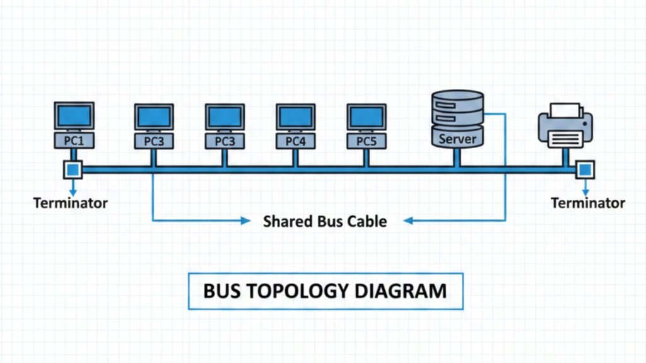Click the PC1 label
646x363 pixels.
74,140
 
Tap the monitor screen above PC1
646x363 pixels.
74,116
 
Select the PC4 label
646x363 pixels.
295,141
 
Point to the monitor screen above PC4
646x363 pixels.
295,117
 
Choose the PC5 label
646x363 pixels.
366,141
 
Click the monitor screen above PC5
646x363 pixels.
366,117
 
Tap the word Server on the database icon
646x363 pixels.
457,138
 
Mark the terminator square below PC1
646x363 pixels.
73,169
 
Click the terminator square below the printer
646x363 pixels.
585,169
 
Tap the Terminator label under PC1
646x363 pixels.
71,203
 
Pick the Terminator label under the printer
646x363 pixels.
588,203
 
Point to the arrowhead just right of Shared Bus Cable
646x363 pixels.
408,221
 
